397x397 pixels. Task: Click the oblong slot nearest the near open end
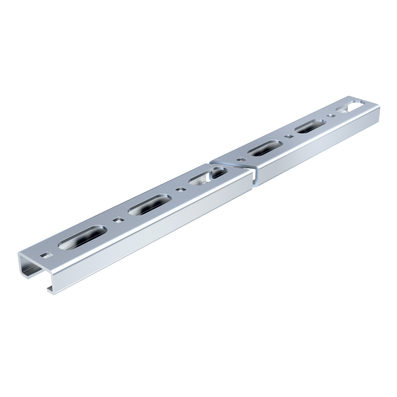(82, 237)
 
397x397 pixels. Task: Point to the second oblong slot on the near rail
(150, 204)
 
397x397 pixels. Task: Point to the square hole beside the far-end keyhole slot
(331, 115)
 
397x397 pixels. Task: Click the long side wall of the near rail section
(149, 233)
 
